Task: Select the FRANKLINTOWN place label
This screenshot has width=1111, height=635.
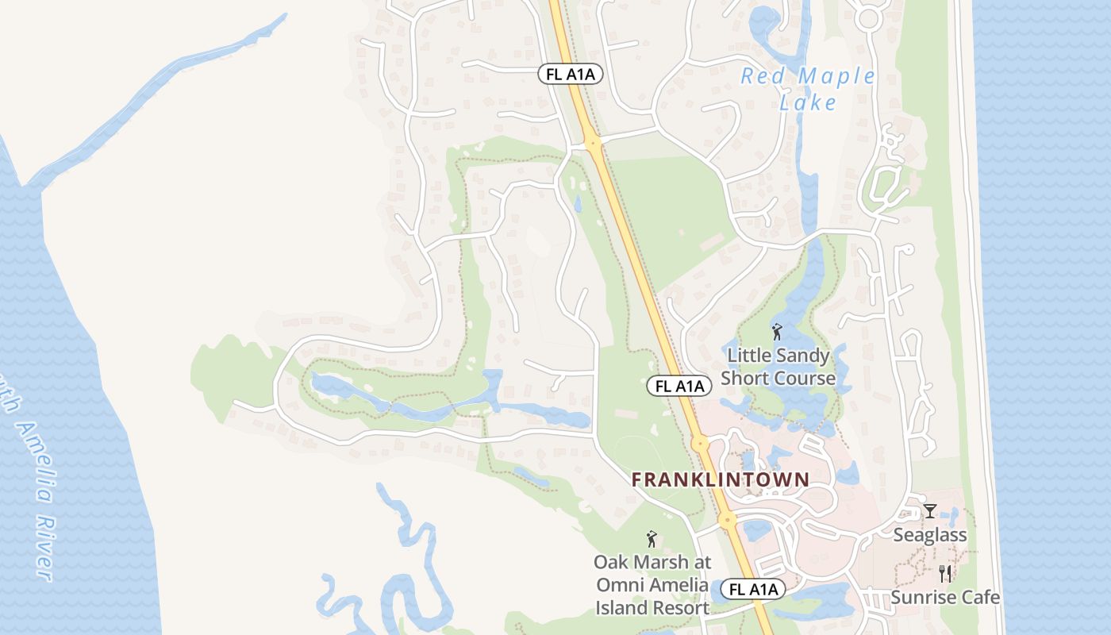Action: pyautogui.click(x=720, y=479)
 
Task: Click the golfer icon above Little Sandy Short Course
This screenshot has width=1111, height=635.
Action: pyautogui.click(x=777, y=332)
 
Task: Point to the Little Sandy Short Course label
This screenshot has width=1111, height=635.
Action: pyautogui.click(x=778, y=367)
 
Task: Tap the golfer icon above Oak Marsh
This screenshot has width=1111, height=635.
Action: pyautogui.click(x=652, y=539)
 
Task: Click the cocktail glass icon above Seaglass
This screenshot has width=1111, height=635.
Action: pyautogui.click(x=929, y=510)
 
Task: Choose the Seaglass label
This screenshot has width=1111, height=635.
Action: pyautogui.click(x=930, y=535)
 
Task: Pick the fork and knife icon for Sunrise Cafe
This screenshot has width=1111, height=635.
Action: pyautogui.click(x=945, y=573)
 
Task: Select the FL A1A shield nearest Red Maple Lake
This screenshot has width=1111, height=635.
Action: pyautogui.click(x=571, y=75)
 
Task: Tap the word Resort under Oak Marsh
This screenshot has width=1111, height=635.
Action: pyautogui.click(x=680, y=608)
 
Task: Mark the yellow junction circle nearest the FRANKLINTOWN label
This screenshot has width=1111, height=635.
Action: pyautogui.click(x=700, y=443)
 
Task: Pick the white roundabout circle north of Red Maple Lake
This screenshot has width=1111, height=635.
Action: pyautogui.click(x=868, y=17)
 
